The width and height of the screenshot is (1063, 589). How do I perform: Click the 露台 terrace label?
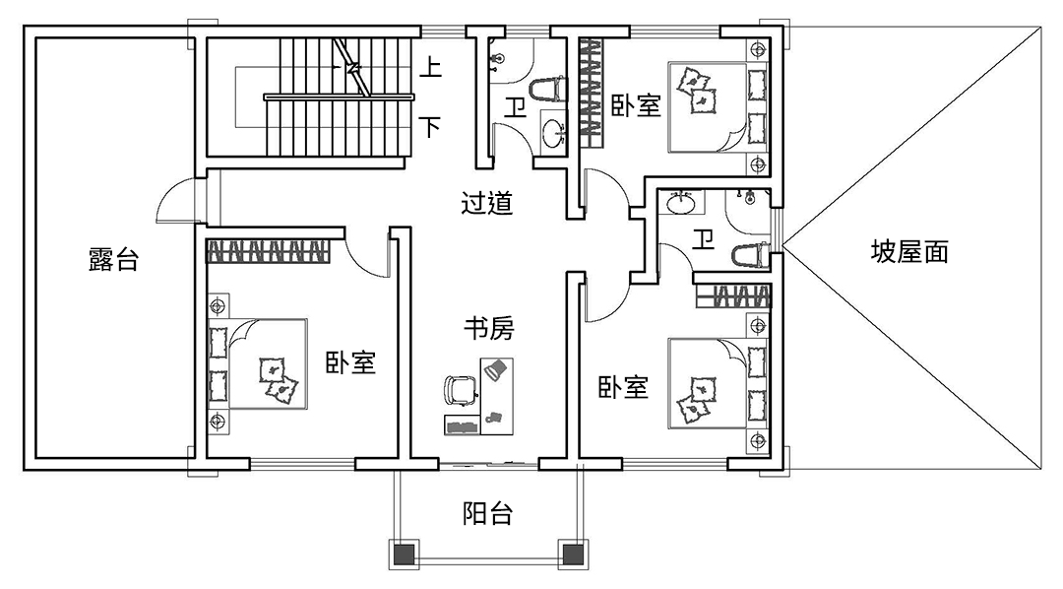[x=113, y=260]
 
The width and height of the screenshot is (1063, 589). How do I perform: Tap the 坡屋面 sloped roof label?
[x=909, y=252]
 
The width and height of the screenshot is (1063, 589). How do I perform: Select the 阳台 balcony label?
[x=487, y=513]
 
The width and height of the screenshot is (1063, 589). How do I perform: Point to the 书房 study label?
[x=488, y=328]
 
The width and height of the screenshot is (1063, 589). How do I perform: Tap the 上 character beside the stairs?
[x=430, y=68]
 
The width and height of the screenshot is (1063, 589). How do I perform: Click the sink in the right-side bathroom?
[x=681, y=204]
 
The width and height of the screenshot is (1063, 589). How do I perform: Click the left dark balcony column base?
[x=405, y=555]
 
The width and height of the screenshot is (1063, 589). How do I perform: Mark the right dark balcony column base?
[x=571, y=555]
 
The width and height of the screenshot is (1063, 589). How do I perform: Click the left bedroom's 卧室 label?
[x=351, y=362]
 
